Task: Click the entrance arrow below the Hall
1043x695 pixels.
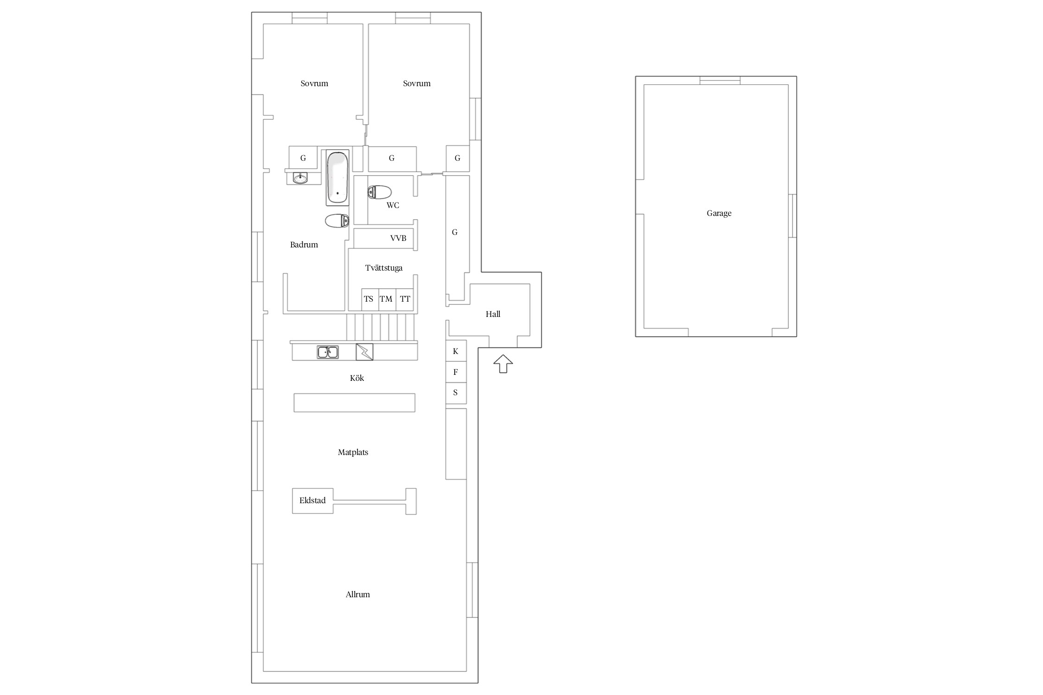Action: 503,364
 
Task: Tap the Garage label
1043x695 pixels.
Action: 719,213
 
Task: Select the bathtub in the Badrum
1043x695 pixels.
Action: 337,177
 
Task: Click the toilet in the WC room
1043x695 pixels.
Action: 379,192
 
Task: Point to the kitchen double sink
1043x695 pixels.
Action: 328,352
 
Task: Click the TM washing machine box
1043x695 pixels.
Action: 387,299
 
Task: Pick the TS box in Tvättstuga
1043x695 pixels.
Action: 370,299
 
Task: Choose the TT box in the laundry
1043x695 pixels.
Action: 405,299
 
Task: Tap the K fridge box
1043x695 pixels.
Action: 456,351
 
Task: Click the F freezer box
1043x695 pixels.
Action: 456,372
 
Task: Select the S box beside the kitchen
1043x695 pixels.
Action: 456,393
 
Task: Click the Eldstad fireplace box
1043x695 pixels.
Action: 312,500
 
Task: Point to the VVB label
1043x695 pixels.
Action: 398,238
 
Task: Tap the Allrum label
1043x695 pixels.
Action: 357,594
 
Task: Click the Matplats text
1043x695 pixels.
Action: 353,452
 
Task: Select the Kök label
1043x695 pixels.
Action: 357,378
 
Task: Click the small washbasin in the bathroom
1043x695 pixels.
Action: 300,178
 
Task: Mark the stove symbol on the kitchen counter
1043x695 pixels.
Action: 364,352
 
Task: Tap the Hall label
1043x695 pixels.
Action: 493,314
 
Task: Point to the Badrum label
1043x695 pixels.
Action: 304,245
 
